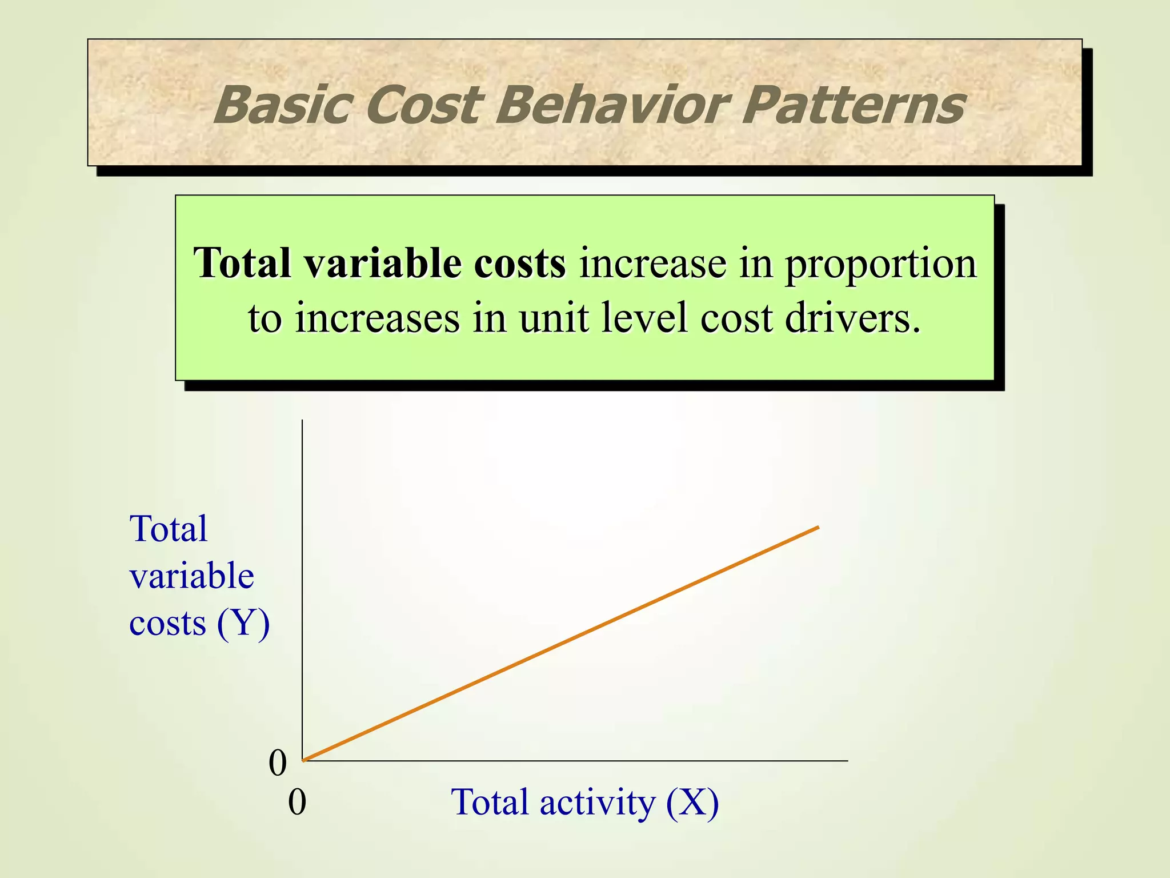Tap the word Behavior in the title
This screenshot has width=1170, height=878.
[x=611, y=105]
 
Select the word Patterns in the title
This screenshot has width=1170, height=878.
[x=854, y=105]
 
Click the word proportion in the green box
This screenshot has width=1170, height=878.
[x=880, y=265]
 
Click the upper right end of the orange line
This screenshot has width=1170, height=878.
[x=818, y=527]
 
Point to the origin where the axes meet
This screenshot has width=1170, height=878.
[x=302, y=761]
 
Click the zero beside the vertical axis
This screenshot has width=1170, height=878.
[x=278, y=764]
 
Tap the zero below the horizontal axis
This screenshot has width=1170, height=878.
[x=297, y=803]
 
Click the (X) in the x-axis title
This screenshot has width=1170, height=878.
[x=692, y=803]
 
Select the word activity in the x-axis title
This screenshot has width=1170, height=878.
[x=598, y=803]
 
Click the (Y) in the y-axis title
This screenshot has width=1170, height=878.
[x=243, y=623]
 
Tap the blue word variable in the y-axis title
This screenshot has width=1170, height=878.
[x=191, y=576]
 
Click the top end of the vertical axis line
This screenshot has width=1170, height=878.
[x=302, y=421]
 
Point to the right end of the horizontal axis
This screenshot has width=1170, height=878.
[x=847, y=761]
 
